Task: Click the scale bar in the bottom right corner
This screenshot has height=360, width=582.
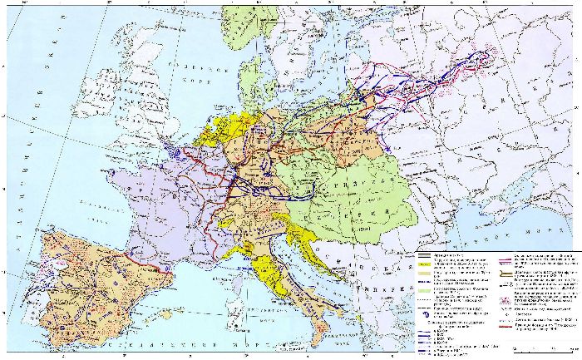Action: click(x=544, y=348)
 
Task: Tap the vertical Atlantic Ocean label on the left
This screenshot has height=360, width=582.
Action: click(x=30, y=125)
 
